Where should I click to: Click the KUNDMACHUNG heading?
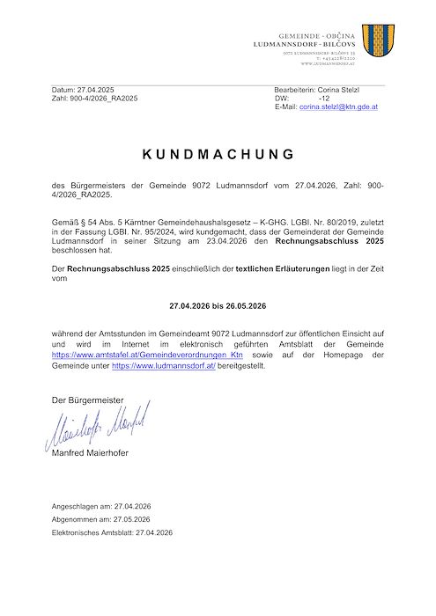tap(218, 154)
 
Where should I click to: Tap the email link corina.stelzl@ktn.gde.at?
tap(338, 106)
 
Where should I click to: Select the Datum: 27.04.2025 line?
tap(84, 91)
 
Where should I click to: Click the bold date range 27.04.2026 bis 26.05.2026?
tap(218, 307)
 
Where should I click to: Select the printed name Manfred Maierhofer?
tap(96, 453)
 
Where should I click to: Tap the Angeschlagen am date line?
tap(102, 507)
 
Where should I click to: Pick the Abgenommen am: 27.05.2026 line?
tap(102, 519)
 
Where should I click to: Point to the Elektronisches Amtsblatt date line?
tap(112, 532)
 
